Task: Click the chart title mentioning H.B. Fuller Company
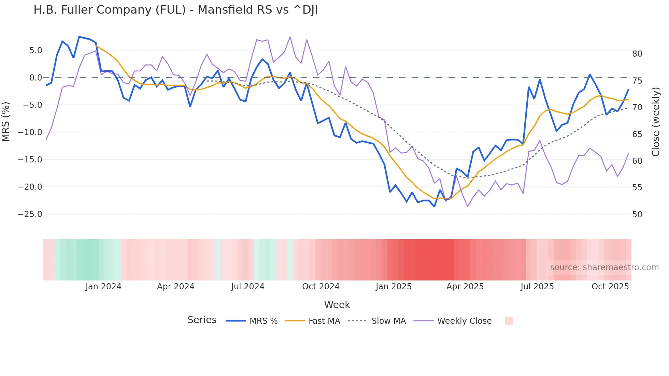pos(175,10)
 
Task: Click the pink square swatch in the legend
pos(509,321)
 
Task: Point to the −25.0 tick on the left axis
pos(30,214)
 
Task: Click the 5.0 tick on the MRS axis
pos(35,50)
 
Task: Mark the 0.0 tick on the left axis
pos(35,78)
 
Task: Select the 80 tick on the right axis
pos(637,54)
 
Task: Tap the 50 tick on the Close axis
pos(637,215)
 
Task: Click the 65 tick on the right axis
pos(637,134)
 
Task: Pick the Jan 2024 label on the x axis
pos(103,287)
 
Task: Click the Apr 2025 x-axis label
pos(465,287)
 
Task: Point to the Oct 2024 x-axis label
pos(321,287)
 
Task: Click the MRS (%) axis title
pos(6,122)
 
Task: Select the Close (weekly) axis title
pos(655,122)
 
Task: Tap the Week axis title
pos(337,305)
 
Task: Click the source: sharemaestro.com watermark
pos(604,267)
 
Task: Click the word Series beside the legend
pos(202,320)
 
